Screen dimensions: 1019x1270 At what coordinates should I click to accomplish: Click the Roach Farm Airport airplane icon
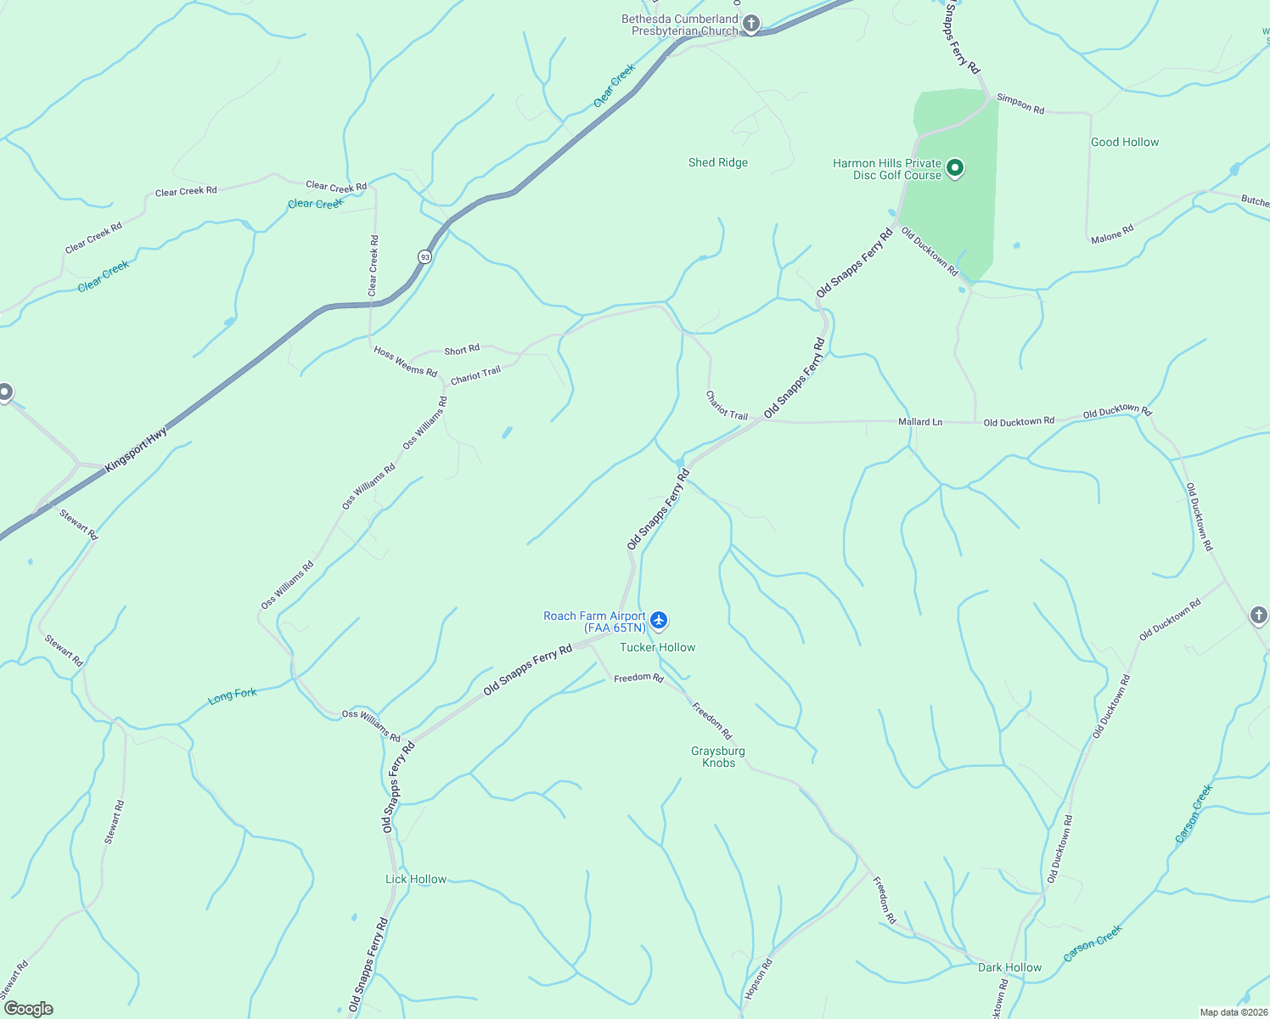point(659,621)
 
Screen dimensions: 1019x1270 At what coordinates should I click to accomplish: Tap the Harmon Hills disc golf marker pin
point(955,168)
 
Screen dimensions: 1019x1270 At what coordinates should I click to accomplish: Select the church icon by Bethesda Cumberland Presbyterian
point(750,23)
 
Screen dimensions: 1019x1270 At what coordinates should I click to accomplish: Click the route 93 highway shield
point(424,256)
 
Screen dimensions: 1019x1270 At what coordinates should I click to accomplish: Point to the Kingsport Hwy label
point(136,450)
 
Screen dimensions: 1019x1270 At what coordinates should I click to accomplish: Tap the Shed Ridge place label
point(718,162)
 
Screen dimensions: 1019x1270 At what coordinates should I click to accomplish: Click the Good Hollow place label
point(1124,142)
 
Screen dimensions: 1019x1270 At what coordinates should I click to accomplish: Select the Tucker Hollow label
point(657,647)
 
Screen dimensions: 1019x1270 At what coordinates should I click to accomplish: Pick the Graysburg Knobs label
point(718,757)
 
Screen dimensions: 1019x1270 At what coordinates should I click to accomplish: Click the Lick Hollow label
point(416,879)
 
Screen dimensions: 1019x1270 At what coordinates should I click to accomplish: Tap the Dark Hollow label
point(1009,967)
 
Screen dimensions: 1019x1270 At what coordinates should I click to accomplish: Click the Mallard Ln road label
point(920,422)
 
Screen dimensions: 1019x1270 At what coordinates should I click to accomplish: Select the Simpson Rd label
point(1020,104)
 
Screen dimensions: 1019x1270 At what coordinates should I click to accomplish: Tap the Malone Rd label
point(1112,234)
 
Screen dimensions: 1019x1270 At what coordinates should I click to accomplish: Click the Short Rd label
point(462,350)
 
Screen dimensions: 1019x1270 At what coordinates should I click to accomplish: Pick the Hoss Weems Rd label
point(405,362)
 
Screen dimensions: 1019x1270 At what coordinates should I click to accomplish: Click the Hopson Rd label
point(758,978)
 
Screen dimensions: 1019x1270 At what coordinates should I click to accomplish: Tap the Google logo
point(28,1008)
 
